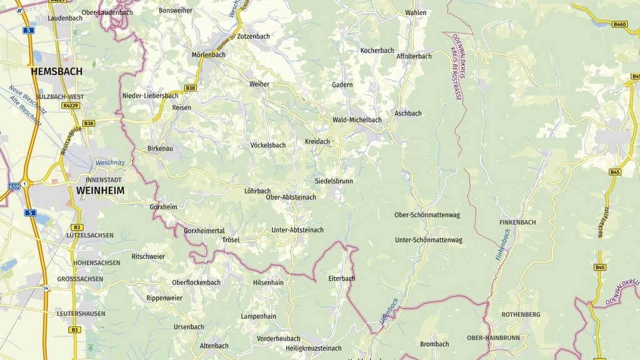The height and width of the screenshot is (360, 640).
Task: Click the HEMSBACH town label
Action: (56, 72)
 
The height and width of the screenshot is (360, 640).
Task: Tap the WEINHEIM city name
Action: (100, 190)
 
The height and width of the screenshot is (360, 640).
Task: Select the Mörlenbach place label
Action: (208, 55)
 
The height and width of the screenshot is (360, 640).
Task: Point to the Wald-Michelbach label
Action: (357, 119)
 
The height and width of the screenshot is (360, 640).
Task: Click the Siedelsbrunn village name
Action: (334, 181)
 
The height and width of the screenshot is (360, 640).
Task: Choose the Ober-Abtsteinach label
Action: (291, 197)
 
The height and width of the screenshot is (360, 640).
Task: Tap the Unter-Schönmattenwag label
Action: (428, 240)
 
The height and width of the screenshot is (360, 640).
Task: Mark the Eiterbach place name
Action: (341, 278)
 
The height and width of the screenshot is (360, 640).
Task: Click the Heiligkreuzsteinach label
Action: (313, 348)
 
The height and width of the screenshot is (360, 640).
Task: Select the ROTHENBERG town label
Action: (521, 314)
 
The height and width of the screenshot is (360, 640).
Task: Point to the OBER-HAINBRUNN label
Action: (493, 337)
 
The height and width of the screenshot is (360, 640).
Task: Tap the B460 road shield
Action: (619, 24)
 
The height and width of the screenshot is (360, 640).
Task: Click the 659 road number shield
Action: (14, 186)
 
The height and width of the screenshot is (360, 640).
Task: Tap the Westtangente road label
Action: (69, 141)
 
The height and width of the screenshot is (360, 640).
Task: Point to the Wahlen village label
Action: (416, 12)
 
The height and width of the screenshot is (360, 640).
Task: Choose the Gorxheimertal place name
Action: (204, 231)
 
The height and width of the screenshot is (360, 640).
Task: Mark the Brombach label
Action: (434, 344)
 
